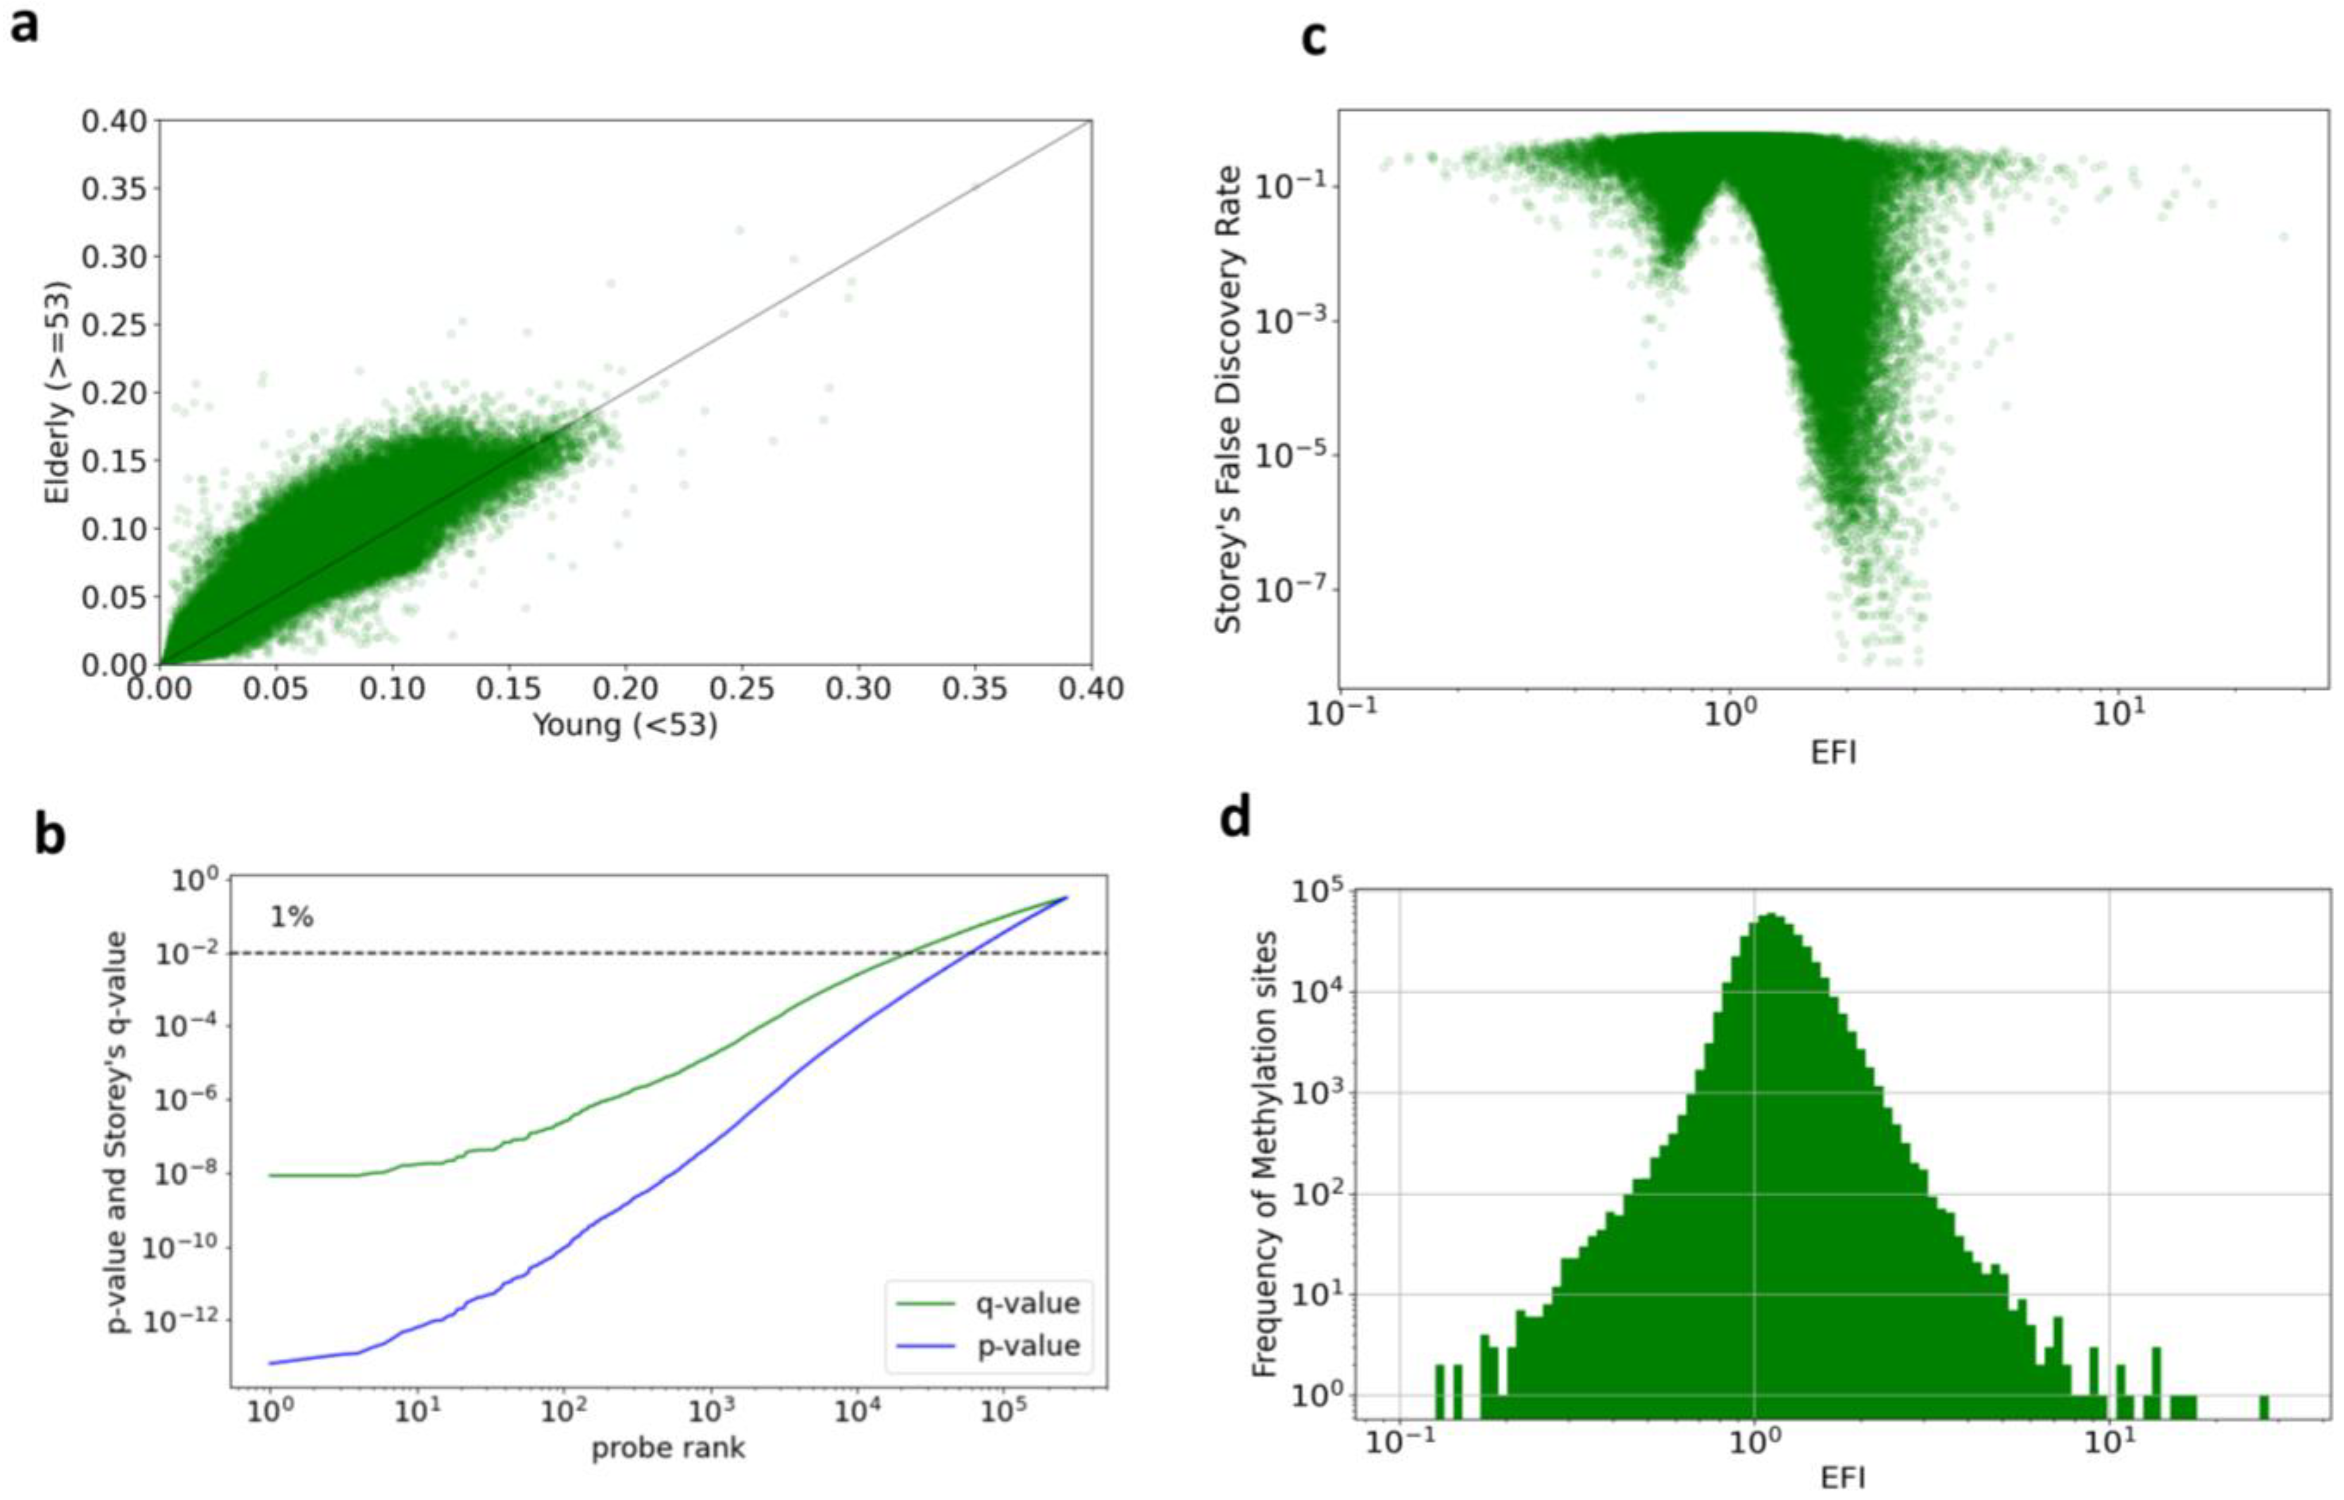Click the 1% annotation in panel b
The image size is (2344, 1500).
click(x=291, y=917)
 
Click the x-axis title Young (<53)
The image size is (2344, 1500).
click(x=624, y=725)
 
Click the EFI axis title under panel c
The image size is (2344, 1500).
click(x=1833, y=752)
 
